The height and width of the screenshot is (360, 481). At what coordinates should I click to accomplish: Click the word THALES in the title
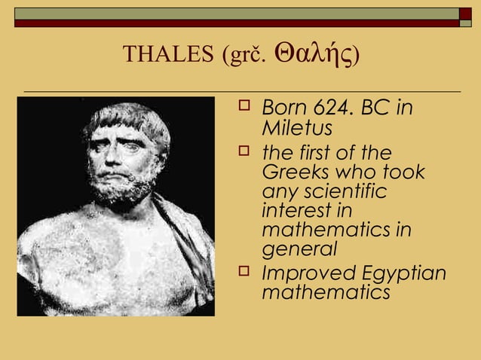pyautogui.click(x=168, y=55)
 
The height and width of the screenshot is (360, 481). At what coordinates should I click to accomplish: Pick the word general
pyautogui.click(x=299, y=250)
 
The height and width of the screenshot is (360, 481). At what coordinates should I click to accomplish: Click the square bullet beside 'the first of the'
pyautogui.click(x=243, y=151)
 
